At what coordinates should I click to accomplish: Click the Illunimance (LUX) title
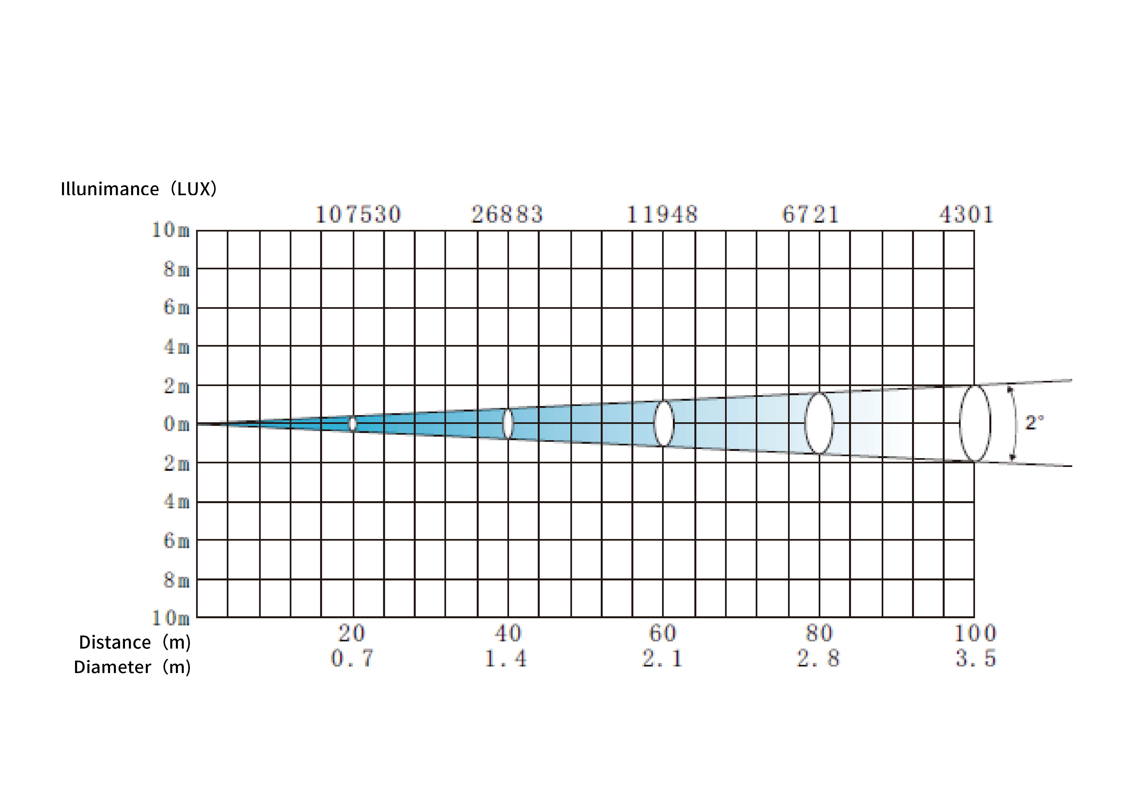click(139, 189)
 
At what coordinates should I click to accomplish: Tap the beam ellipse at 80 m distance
click(805, 423)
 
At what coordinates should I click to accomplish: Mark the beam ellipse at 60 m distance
click(654, 423)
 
